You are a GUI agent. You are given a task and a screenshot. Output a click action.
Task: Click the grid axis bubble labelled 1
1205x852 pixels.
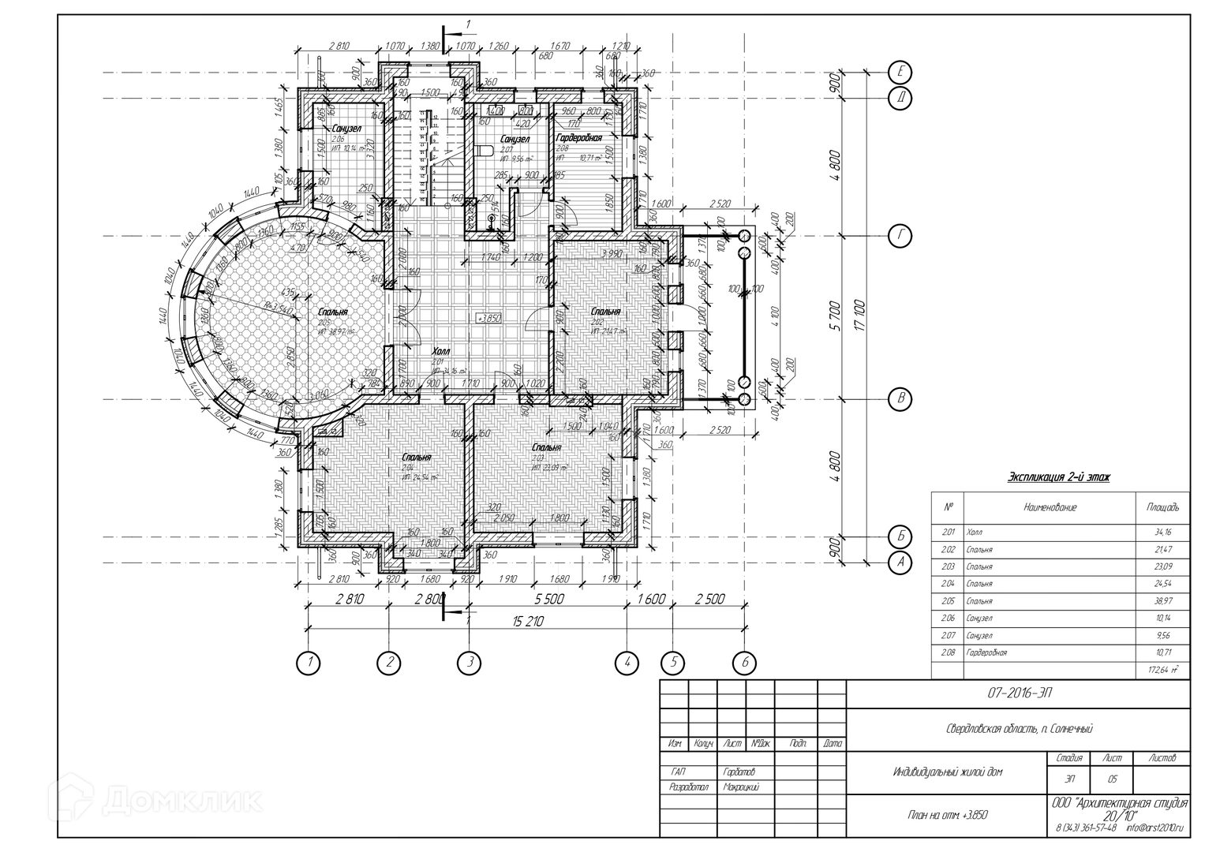coord(309,663)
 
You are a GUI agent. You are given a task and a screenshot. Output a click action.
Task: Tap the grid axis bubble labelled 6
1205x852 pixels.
coord(744,663)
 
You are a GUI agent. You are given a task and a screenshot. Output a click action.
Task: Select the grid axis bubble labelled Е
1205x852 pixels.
coord(900,72)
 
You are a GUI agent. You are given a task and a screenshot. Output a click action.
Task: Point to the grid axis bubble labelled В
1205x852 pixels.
coord(900,399)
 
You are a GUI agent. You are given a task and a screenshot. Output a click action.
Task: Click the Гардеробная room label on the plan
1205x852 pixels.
coord(578,138)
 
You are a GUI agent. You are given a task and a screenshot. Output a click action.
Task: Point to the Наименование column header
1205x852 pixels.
coord(1050,507)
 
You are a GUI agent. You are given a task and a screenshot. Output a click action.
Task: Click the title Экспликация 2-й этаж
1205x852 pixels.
coord(1058,477)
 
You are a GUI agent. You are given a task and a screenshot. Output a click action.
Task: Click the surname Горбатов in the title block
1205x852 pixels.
coord(739,772)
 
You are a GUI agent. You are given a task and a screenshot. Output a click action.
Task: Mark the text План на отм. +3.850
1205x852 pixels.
coord(948,815)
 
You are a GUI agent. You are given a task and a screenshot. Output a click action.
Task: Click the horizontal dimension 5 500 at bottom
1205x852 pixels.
coord(548,600)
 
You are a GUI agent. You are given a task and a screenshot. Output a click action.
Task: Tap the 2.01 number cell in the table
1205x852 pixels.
coord(948,532)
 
